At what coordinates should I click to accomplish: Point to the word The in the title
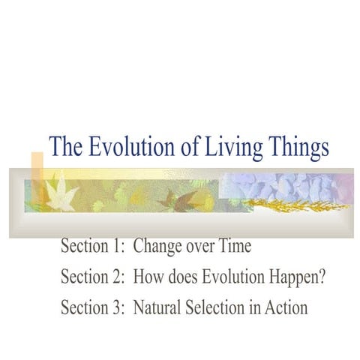tap(65, 148)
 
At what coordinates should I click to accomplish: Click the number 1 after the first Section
tap(116, 247)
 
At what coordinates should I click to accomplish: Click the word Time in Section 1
tap(232, 247)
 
